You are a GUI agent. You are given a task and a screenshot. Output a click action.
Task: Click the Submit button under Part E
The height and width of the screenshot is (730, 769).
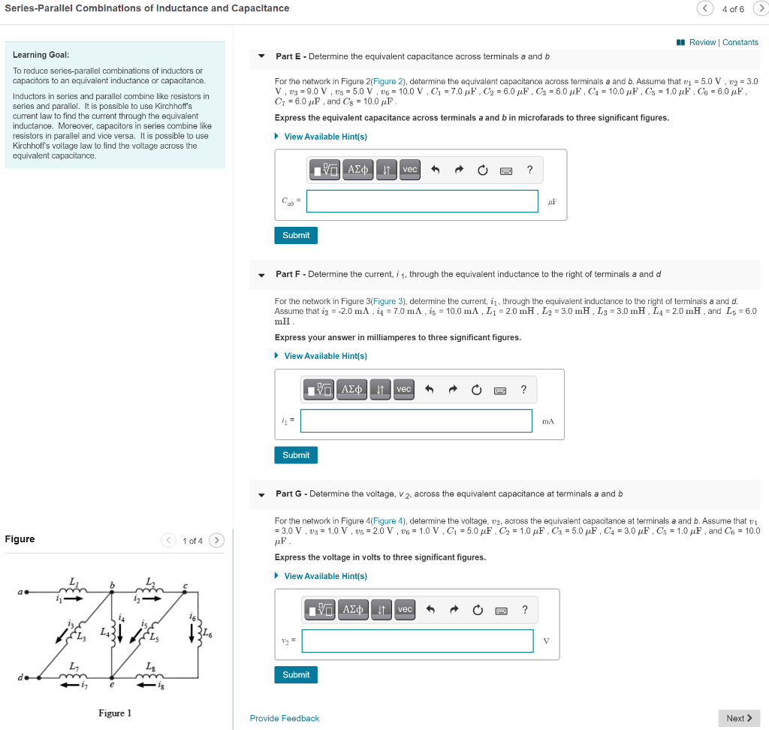coord(296,235)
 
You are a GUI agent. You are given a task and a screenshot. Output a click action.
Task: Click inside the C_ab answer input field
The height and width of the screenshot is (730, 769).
coord(422,201)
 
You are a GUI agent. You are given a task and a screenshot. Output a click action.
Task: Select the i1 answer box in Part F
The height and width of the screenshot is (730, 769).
coord(416,421)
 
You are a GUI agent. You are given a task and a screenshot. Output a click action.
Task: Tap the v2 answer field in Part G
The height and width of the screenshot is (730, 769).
coord(418,641)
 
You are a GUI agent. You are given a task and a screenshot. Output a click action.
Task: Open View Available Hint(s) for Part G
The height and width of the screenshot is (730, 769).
coord(325,576)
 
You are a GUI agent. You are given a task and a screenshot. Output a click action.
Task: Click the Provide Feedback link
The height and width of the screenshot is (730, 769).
coord(285,719)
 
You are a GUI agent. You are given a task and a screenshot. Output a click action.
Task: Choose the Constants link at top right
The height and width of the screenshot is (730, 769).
coord(740,42)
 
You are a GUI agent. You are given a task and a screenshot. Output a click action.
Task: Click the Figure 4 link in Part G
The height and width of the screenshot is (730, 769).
coord(389,520)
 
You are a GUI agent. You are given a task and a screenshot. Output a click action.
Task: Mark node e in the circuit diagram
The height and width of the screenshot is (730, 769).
coord(112,685)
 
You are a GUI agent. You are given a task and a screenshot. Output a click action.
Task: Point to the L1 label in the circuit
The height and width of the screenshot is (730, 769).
coord(73,581)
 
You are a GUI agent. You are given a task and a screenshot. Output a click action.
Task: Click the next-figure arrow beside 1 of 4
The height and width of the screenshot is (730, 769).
coord(216,540)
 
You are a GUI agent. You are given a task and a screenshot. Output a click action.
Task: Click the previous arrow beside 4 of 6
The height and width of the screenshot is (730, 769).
coord(705,8)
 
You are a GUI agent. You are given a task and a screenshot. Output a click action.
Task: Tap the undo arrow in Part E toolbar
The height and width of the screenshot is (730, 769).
coord(435,170)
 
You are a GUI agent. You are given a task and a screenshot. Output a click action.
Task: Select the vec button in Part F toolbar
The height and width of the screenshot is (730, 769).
coord(404,389)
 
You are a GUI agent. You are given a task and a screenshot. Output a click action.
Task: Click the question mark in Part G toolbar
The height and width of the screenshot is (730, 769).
coord(524,609)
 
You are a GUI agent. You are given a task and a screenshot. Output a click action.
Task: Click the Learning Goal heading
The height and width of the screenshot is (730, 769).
coord(41,55)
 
